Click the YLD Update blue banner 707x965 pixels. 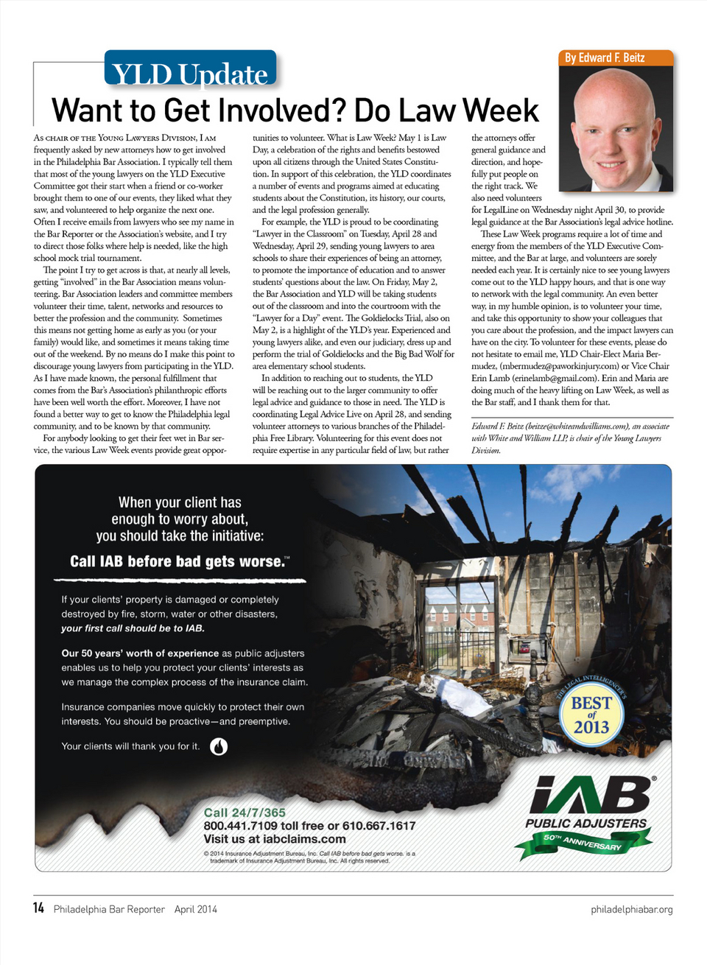pos(190,70)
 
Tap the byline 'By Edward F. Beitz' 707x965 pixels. pos(605,57)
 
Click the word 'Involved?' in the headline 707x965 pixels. pos(255,110)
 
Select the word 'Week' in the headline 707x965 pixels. pos(501,110)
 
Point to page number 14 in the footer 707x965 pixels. pos(38,908)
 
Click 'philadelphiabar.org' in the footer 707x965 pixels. pos(631,909)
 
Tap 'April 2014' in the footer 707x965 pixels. pos(196,909)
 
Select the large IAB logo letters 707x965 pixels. pos(591,796)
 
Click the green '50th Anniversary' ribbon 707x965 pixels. pos(583,843)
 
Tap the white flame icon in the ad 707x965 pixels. pos(219,746)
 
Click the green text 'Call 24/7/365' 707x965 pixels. pos(245,813)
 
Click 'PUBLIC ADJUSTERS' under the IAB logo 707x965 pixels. pos(586,823)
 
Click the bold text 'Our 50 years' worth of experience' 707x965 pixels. pos(140,653)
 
